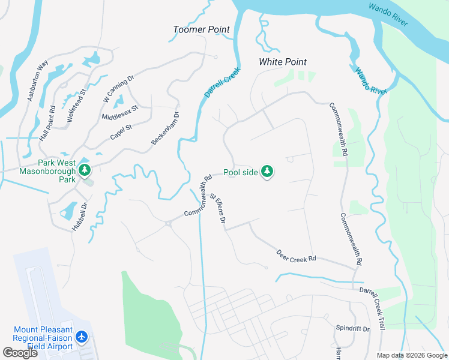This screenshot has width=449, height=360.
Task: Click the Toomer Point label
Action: (201, 29)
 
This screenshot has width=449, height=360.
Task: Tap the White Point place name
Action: (282, 62)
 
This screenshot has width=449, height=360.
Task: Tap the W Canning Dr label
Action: (118, 88)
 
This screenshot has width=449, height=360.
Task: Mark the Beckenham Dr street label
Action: (166, 128)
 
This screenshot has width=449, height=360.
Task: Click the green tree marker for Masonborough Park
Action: (85, 170)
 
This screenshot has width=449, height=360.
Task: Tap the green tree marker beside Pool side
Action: (267, 173)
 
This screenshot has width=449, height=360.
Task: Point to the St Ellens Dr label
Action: (217, 209)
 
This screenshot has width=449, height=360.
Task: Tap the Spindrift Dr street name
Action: (352, 329)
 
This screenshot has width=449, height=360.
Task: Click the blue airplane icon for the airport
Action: (83, 338)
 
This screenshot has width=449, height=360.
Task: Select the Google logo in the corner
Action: (20, 352)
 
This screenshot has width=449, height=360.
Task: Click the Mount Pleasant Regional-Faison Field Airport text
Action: (43, 338)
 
